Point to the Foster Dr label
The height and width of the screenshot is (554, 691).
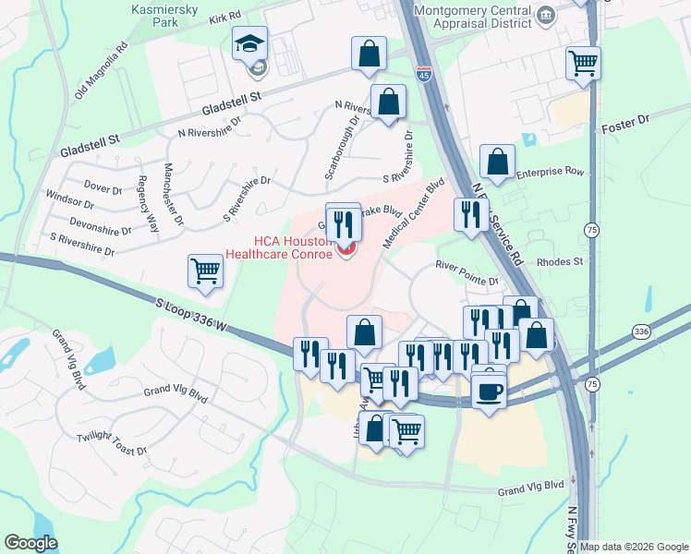[x=625, y=120]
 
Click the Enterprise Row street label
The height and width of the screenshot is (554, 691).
[x=551, y=172]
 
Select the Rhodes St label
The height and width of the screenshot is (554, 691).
[x=564, y=261]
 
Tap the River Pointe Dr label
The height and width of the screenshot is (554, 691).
[x=467, y=267]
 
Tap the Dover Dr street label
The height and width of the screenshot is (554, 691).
[x=103, y=187]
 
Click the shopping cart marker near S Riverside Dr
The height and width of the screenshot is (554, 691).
[x=204, y=271]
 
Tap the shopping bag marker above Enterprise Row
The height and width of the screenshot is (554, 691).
[x=498, y=162]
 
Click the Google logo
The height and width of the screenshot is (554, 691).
[x=31, y=543]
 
